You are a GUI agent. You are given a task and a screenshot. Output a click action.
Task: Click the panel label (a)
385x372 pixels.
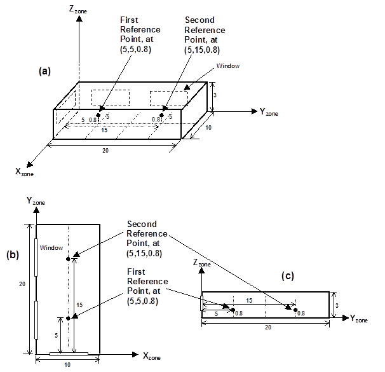point(44,71)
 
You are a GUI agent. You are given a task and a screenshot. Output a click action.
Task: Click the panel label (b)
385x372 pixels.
point(13,256)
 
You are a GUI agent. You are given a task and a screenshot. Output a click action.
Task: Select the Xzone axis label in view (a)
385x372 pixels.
point(24,171)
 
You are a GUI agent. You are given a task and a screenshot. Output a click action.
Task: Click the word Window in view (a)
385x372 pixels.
point(228,65)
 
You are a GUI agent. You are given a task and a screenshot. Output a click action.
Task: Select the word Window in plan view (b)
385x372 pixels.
point(50,247)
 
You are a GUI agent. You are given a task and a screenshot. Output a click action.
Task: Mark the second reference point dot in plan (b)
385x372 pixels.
point(67,258)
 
